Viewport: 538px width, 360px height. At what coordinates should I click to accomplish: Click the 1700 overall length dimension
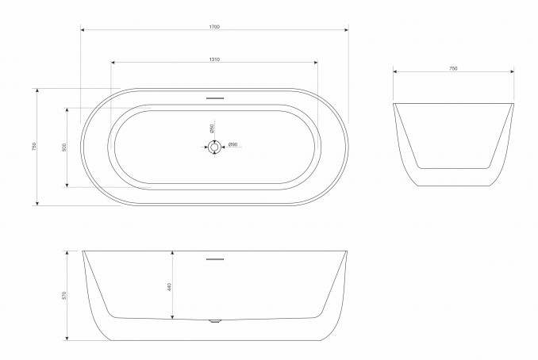(214, 26)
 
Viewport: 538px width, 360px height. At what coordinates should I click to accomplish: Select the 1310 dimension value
(214, 59)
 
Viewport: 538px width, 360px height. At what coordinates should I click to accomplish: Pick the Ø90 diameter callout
(233, 144)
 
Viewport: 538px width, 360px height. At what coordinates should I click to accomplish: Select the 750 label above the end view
(453, 69)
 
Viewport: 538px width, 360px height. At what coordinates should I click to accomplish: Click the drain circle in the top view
(214, 146)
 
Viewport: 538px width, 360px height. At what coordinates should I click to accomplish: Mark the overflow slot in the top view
(214, 99)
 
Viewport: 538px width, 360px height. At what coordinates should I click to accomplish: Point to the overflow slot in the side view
(214, 258)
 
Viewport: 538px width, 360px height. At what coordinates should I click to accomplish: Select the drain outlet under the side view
(214, 321)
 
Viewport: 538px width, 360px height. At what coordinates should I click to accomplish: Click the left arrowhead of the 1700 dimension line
(83, 31)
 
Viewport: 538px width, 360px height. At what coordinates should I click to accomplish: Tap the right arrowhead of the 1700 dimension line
(347, 31)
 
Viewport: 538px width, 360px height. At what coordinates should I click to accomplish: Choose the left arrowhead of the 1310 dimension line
(113, 63)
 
